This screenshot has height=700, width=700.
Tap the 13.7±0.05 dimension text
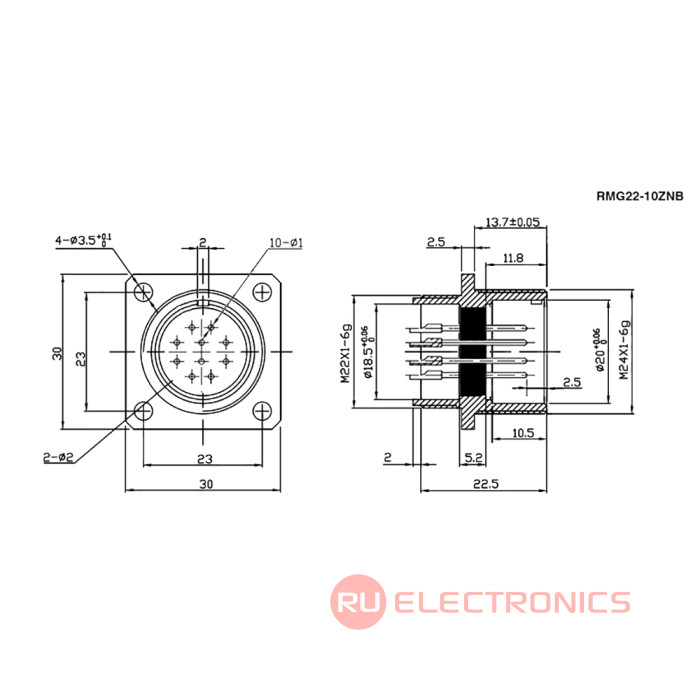(x=512, y=221)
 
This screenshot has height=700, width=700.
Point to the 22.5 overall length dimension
(x=487, y=482)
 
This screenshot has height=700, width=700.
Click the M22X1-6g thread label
(x=344, y=352)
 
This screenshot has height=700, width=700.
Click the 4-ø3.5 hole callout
(x=84, y=240)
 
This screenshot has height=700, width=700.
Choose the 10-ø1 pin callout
(x=285, y=243)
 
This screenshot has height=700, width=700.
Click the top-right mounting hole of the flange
(x=263, y=292)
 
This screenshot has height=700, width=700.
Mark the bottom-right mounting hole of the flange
(x=263, y=410)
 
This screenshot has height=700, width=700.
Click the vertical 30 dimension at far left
(x=58, y=352)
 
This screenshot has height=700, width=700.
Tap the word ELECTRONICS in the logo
(x=511, y=602)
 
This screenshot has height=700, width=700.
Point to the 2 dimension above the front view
(x=202, y=242)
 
